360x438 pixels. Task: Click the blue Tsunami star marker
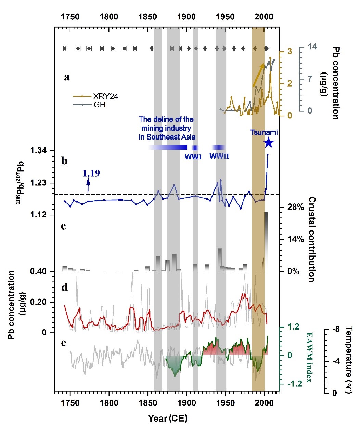coord(268,143)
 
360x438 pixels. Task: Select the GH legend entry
coord(99,105)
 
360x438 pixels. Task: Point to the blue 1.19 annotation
coord(91,173)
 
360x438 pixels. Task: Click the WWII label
coord(219,156)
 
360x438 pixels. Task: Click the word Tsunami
coord(263,132)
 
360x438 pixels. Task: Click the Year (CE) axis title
coord(168,418)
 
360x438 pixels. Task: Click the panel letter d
coord(64,288)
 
